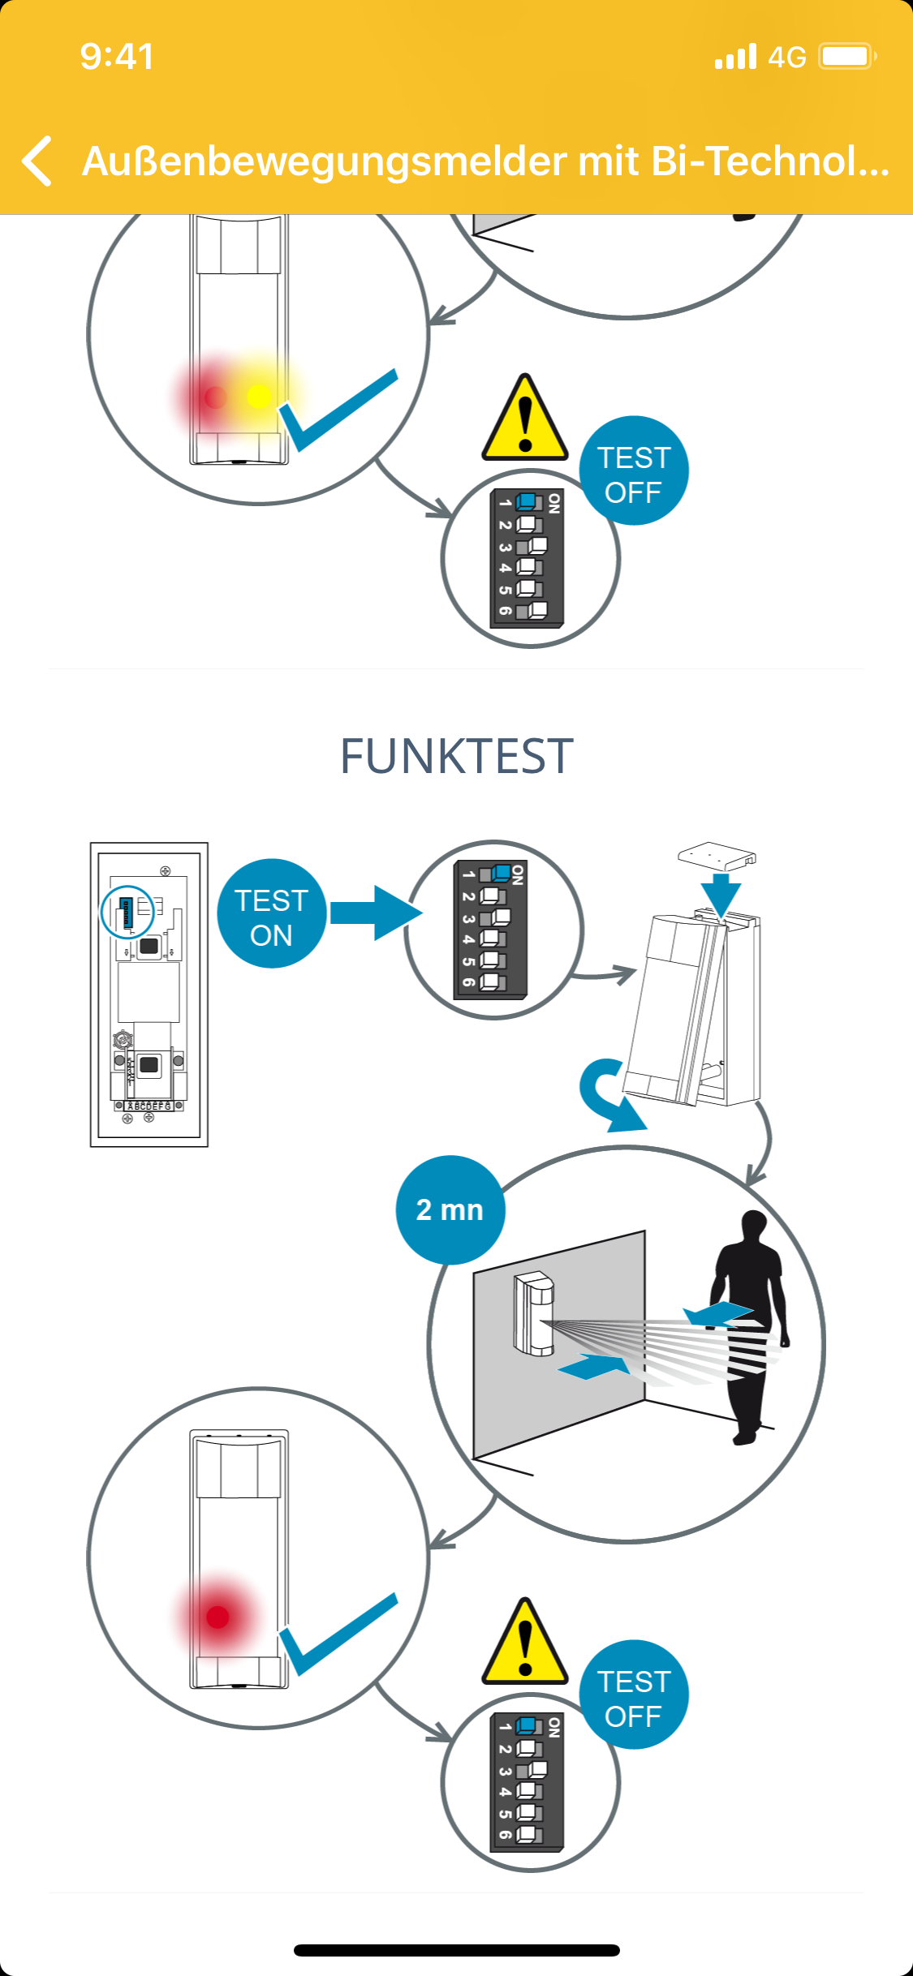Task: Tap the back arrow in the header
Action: pos(37,161)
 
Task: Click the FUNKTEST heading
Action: pos(456,756)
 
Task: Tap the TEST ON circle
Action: pos(272,913)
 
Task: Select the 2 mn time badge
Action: pos(450,1209)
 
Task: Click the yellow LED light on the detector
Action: pos(258,396)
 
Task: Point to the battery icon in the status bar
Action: pos(846,57)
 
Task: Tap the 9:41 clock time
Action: pos(117,57)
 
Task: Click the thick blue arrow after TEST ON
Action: pos(376,913)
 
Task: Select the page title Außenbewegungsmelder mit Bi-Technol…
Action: pos(485,161)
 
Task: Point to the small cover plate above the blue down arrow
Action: pos(717,855)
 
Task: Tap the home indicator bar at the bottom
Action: pos(456,1950)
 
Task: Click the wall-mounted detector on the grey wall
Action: pos(534,1314)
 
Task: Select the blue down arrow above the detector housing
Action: pos(720,894)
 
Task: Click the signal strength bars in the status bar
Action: pos(735,57)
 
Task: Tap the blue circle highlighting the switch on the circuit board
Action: pos(127,912)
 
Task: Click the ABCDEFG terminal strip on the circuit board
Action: pos(149,1106)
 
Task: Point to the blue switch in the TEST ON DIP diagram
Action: pos(501,874)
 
